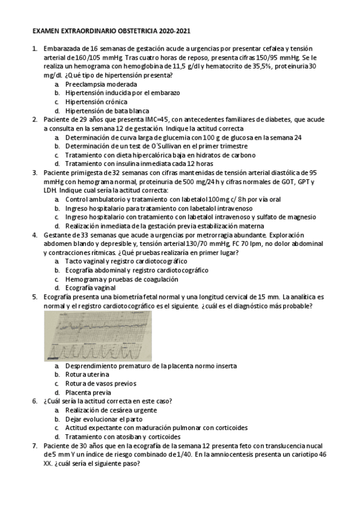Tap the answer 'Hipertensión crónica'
pyautogui.click(x=97, y=102)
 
